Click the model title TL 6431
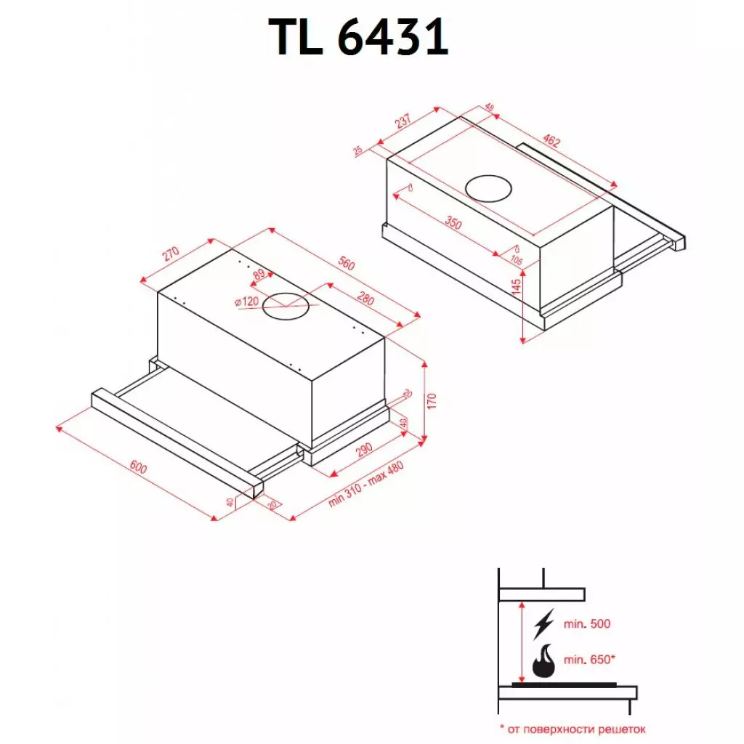360,38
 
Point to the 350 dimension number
453,223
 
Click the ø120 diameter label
247,302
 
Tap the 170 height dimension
432,401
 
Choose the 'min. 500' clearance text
587,624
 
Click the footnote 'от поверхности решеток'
571,728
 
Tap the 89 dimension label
258,275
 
